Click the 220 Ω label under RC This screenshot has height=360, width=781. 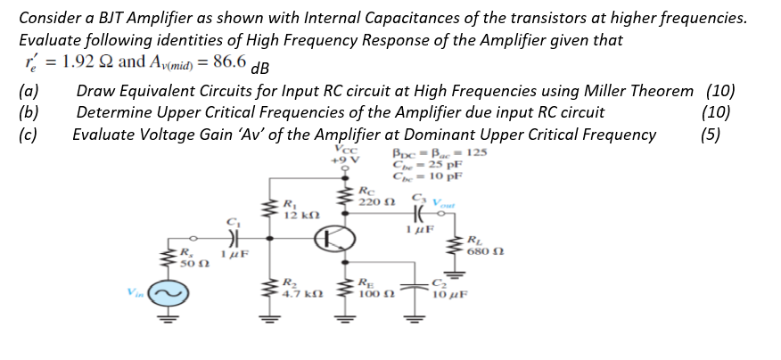[370, 201]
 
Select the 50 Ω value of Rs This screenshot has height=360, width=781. [189, 265]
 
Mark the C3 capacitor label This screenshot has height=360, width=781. [417, 197]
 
